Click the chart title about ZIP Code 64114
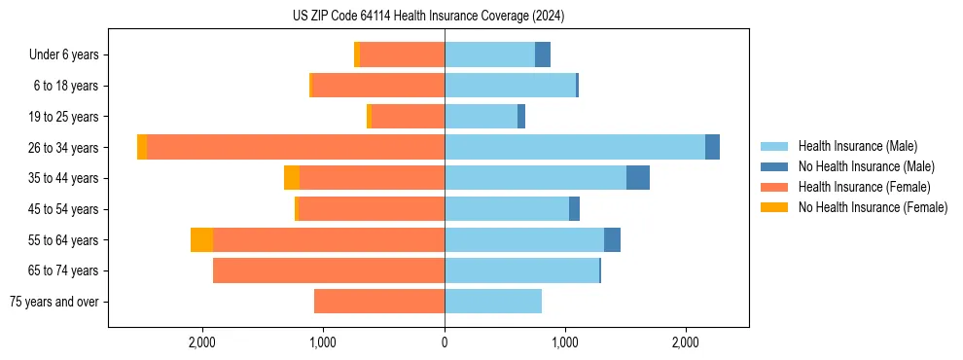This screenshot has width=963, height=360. coord(428,17)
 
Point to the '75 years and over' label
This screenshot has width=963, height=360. coord(54,302)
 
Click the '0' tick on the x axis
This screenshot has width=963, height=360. coord(445,342)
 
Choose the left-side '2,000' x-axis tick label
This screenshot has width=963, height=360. coord(202,342)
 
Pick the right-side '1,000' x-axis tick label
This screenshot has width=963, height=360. coord(565,342)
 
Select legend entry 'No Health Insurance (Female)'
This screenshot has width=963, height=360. coord(873,207)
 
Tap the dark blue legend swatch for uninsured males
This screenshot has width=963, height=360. coord(775,166)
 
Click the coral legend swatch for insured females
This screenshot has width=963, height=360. coord(775,187)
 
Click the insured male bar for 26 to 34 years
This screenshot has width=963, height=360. coord(575,147)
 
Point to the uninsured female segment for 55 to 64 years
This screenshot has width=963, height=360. coord(201,239)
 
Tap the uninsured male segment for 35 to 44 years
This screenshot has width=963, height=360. coord(638,178)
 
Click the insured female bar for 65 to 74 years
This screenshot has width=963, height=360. coord(329,270)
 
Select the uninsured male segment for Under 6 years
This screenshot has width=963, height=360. coord(543,54)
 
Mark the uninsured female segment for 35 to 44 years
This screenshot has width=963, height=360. coord(292,178)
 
